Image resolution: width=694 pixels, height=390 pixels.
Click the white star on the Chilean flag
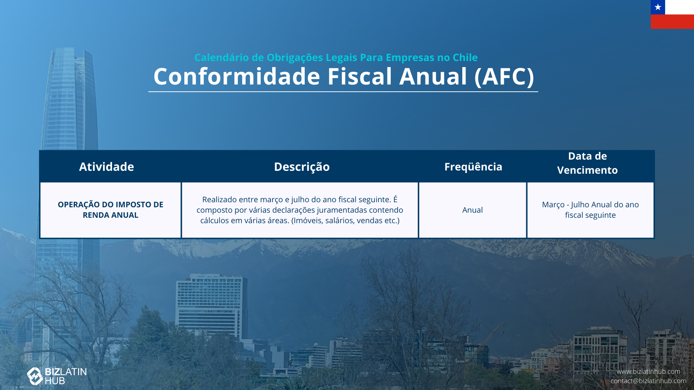[x=658, y=7]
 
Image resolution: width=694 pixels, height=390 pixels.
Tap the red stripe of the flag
[x=672, y=22]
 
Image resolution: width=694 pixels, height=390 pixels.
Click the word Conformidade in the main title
[x=237, y=77]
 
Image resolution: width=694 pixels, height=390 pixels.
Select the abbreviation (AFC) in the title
[x=504, y=77]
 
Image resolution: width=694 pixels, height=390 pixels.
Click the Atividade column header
[x=107, y=166]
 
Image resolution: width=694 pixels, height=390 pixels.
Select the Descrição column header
[x=302, y=166]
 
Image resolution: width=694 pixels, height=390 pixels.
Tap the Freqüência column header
[x=473, y=166]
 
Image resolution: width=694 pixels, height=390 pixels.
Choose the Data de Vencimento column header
[x=587, y=163]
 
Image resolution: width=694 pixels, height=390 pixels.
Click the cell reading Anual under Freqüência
[x=472, y=210]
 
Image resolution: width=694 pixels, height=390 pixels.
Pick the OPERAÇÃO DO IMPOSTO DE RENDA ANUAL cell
[x=111, y=210]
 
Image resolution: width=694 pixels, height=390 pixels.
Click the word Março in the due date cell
[x=553, y=205]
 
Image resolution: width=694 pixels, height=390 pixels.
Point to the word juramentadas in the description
[x=337, y=210]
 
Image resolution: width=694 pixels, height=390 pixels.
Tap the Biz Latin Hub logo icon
[x=35, y=376]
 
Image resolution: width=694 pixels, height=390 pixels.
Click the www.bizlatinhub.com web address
[x=648, y=371]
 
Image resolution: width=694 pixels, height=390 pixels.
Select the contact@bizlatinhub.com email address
[x=648, y=381]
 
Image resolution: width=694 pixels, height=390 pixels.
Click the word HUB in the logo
[x=55, y=381]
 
